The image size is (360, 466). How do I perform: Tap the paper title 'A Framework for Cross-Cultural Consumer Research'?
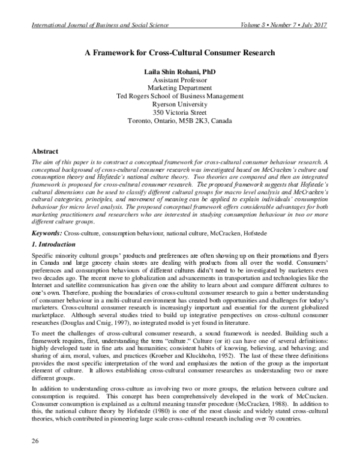pyautogui.click(x=180, y=52)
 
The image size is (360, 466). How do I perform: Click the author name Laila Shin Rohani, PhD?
pyautogui.click(x=180, y=71)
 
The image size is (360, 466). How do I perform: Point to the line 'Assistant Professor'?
pyautogui.click(x=180, y=80)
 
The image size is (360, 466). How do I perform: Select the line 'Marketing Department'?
pyautogui.click(x=180, y=88)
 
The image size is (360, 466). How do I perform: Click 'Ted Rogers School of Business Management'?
pyautogui.click(x=180, y=96)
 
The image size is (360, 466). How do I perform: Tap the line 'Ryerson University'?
pyautogui.click(x=180, y=104)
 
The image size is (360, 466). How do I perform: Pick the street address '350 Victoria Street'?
pyautogui.click(x=180, y=112)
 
